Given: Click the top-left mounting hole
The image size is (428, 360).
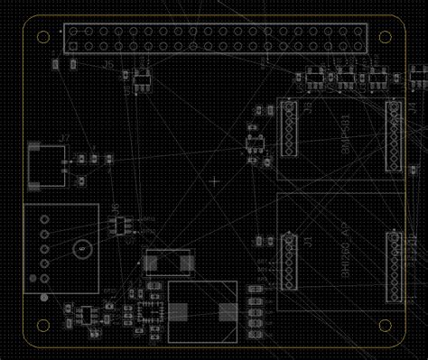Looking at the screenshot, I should click(x=42, y=37).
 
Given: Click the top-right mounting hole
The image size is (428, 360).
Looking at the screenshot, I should click(x=385, y=37).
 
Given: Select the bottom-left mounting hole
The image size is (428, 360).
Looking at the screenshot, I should click(x=42, y=326).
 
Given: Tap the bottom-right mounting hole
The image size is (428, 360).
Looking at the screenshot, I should click(x=385, y=326).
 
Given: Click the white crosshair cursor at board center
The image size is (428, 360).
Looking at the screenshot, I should click(x=214, y=181).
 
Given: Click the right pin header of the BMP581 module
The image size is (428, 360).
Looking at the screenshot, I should click(x=394, y=135).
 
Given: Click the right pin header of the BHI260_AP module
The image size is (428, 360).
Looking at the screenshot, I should click(x=394, y=266).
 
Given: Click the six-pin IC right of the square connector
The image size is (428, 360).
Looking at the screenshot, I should click(x=118, y=223).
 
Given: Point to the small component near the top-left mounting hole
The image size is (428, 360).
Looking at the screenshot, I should click(x=57, y=64).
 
